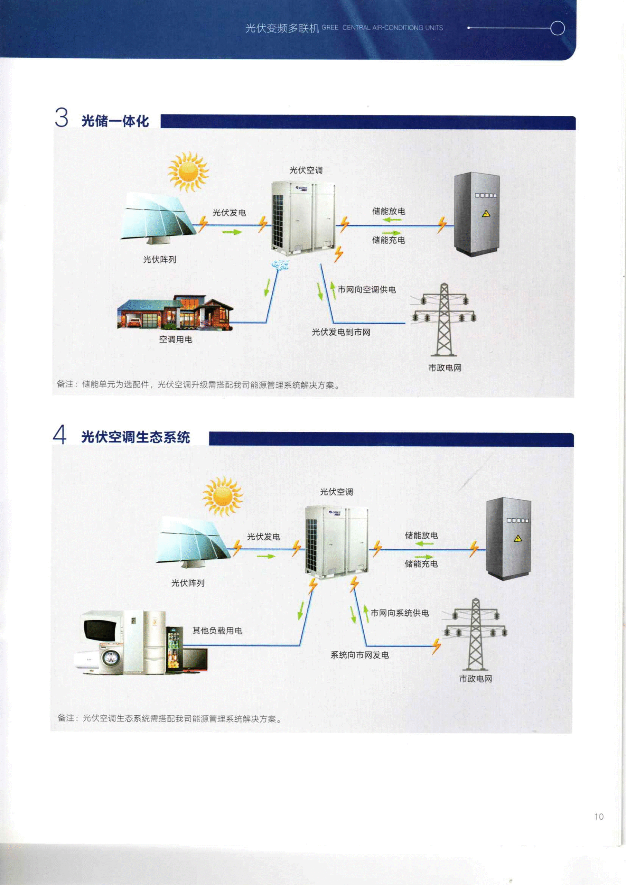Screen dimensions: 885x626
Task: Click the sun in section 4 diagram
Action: (223, 496)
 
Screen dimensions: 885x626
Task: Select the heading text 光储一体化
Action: (115, 121)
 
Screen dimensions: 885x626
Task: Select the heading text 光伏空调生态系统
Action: (136, 437)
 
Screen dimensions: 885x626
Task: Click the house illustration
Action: (175, 313)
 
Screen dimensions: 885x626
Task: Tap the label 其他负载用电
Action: (217, 631)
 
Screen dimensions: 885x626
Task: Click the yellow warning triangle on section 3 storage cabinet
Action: (486, 213)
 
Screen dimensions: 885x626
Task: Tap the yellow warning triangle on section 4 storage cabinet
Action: (518, 539)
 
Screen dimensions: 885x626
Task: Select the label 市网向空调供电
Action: (367, 290)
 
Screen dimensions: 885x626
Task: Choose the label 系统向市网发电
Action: (359, 655)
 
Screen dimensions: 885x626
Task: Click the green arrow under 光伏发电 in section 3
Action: (232, 232)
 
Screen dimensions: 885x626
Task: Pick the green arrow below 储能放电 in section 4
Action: (424, 544)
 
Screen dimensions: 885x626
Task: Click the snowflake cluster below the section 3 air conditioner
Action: (280, 265)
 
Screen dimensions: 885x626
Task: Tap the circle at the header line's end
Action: (558, 28)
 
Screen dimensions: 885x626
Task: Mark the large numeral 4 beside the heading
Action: (60, 435)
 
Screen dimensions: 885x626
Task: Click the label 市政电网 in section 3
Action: (445, 368)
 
